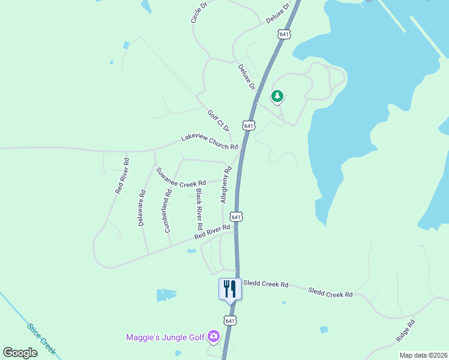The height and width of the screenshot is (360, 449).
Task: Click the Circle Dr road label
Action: (x=199, y=12)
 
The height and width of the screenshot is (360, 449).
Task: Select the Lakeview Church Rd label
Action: (x=210, y=142)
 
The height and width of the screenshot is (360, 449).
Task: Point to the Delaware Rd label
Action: (x=142, y=208)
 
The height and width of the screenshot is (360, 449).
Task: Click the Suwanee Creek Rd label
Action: (x=181, y=176)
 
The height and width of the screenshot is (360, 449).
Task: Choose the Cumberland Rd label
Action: (x=167, y=211)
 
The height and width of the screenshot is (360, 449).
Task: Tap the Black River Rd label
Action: (x=199, y=210)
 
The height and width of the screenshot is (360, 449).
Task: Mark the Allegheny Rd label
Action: (x=226, y=185)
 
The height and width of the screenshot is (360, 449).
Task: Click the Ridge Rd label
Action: (x=406, y=331)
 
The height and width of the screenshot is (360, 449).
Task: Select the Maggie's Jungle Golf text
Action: (x=165, y=337)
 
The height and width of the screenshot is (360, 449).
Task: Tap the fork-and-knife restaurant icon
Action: (x=230, y=289)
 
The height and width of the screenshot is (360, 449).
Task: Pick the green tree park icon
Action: (x=277, y=96)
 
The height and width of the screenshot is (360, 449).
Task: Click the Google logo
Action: (x=20, y=353)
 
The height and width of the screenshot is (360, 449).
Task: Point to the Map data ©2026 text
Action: (x=423, y=355)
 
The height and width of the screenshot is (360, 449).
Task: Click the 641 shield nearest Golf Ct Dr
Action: (x=249, y=125)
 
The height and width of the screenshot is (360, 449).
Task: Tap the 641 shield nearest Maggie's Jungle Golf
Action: (x=230, y=320)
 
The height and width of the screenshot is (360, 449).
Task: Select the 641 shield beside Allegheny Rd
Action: (x=237, y=216)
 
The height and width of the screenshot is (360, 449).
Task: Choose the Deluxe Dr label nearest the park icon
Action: (x=247, y=77)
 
